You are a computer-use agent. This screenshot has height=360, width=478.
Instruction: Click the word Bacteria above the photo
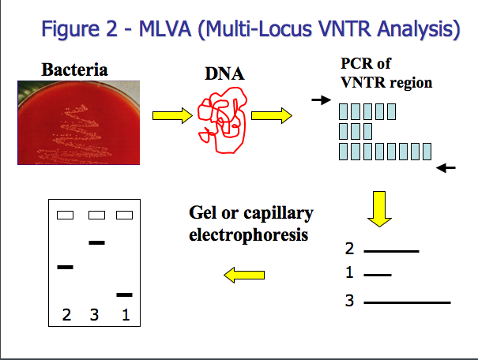[x=75, y=70]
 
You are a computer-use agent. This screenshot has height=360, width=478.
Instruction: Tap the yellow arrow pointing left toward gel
[x=244, y=274]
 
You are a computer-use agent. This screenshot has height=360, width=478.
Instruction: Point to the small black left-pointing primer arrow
[x=446, y=167]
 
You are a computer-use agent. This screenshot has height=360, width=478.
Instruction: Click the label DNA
[x=224, y=75]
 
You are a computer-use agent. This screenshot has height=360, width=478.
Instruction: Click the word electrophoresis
[x=247, y=235]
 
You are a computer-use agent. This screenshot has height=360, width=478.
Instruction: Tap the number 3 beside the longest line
[x=348, y=301]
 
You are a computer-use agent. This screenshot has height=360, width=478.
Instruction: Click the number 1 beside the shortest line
[x=349, y=274]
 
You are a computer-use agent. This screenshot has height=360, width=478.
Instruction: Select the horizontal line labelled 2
[x=391, y=251]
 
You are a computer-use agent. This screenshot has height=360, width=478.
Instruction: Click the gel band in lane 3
[x=96, y=242]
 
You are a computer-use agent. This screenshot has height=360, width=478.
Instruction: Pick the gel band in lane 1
[x=124, y=294]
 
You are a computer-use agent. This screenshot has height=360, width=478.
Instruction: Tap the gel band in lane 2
[x=65, y=268]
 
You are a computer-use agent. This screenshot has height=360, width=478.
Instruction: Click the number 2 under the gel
[x=66, y=315]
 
